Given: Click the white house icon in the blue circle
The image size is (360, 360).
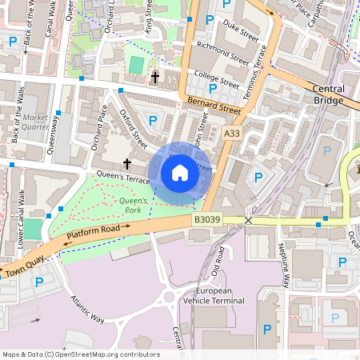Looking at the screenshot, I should tap(180, 172).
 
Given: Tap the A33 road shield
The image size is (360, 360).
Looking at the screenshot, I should tap(232, 134).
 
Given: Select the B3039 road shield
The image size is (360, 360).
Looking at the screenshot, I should tap(206, 219).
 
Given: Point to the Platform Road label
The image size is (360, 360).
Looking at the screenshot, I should tap(98, 233).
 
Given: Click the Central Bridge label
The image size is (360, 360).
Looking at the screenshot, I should tap(328, 95).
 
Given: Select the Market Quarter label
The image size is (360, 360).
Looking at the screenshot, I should tap(34, 122).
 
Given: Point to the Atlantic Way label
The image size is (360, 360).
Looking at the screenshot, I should tap(87, 308).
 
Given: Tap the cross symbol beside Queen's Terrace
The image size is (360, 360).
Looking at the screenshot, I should tap(127, 162).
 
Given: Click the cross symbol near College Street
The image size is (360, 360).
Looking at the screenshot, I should tap(154, 78).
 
